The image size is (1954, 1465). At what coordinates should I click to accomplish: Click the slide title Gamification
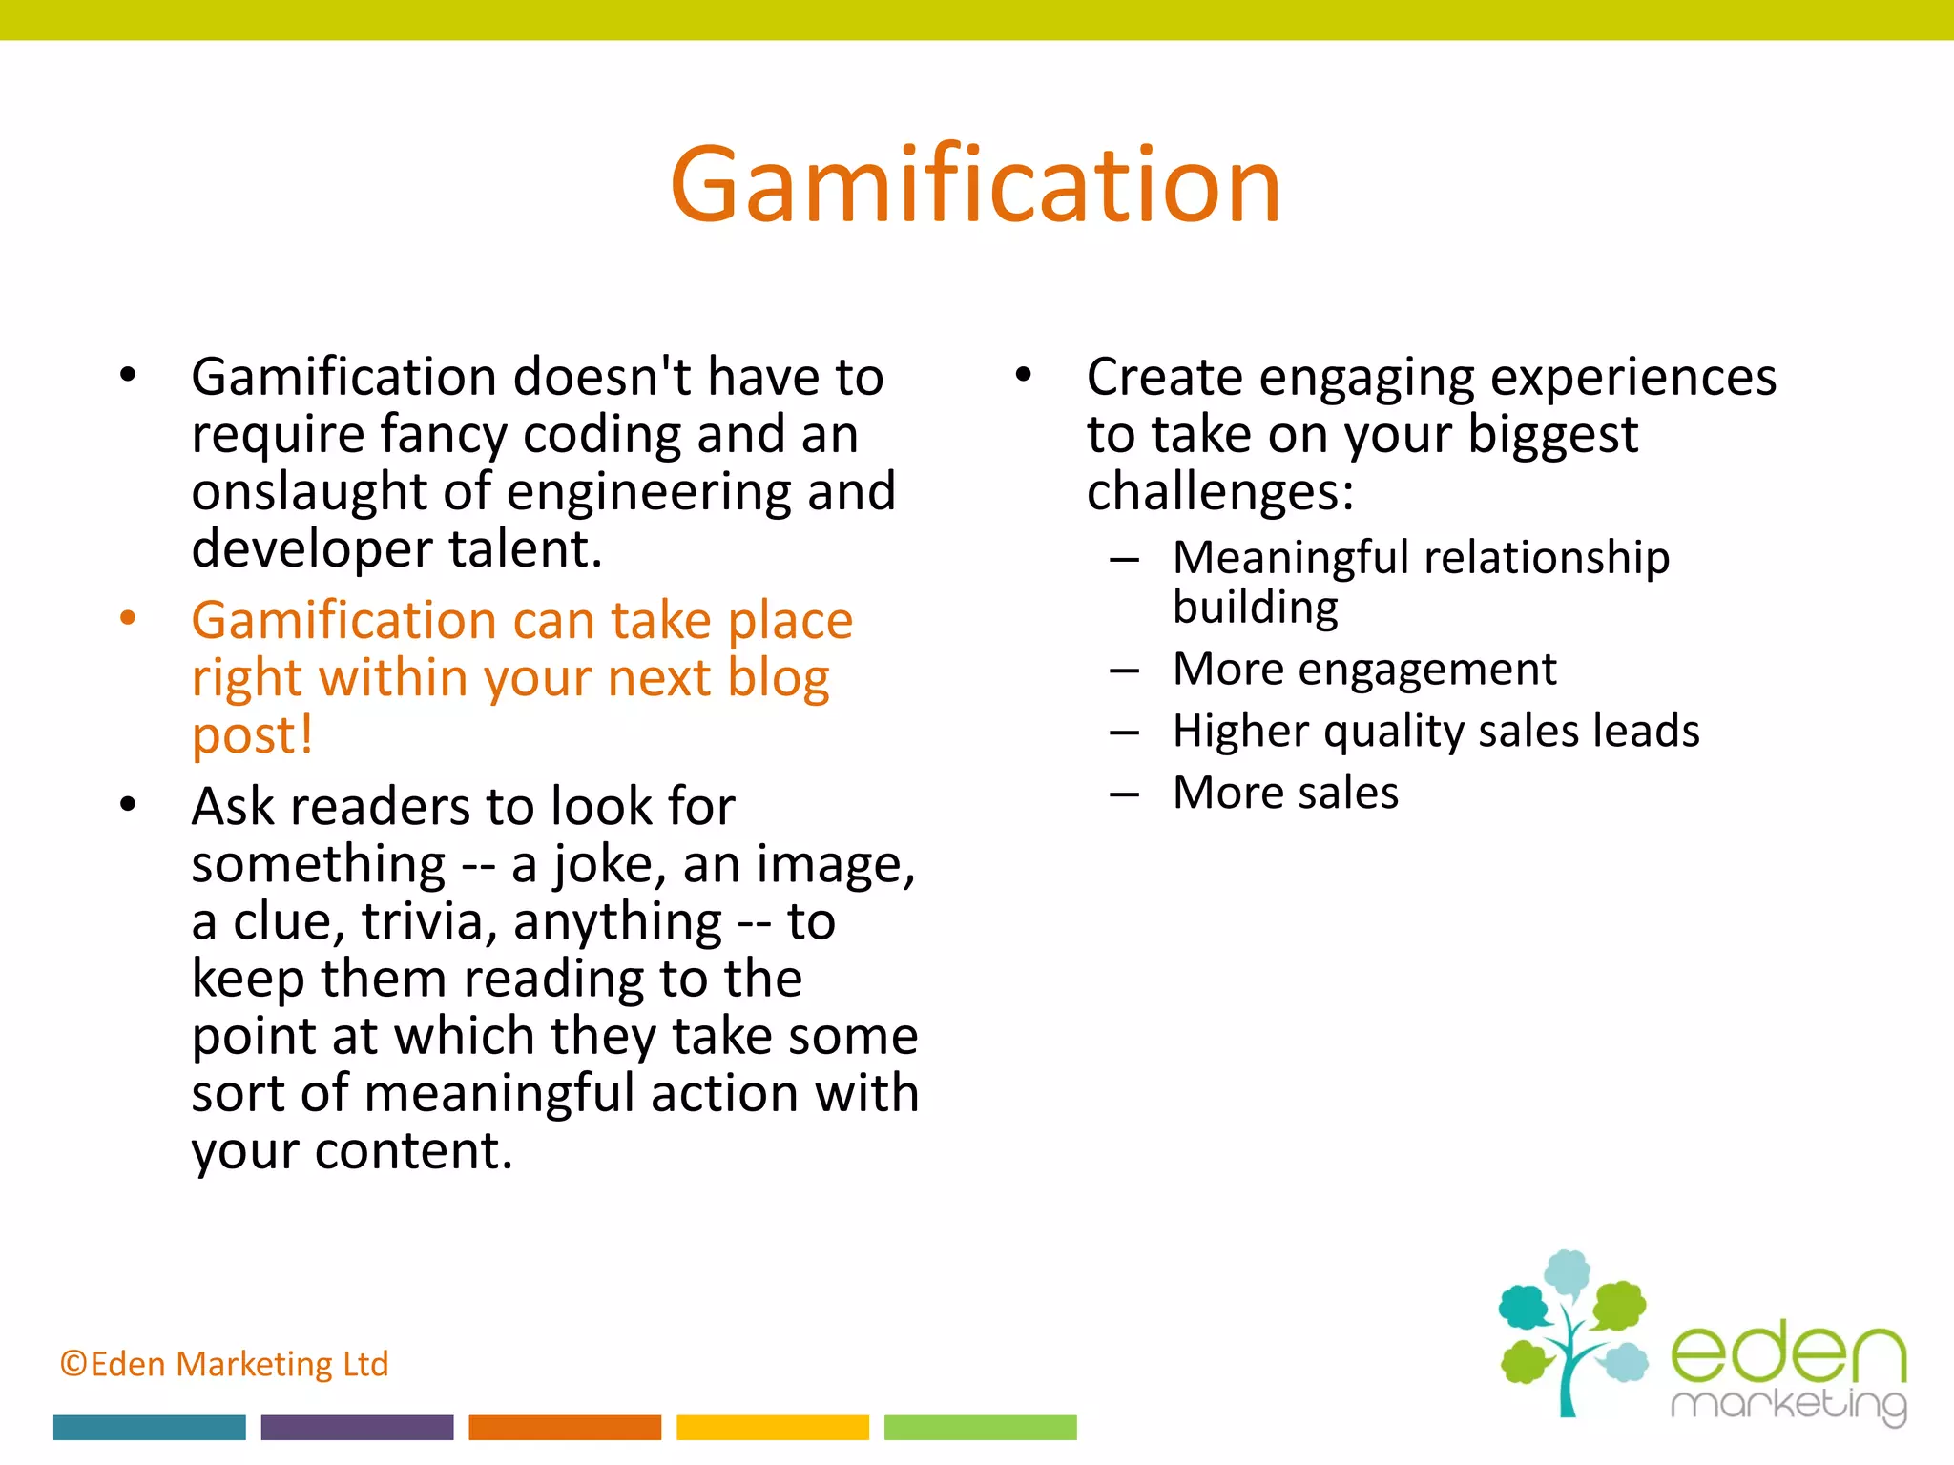click(975, 185)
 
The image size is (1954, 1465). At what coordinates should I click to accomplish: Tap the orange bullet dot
click(128, 618)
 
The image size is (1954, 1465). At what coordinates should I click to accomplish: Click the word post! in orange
click(252, 735)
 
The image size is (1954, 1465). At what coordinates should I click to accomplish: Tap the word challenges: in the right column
click(1219, 492)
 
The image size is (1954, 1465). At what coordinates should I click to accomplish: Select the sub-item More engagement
click(1363, 669)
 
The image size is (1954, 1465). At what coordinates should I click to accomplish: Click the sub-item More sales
click(1284, 793)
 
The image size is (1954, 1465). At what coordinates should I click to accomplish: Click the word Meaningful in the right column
click(1290, 557)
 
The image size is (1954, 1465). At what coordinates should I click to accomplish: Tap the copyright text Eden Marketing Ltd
click(224, 1364)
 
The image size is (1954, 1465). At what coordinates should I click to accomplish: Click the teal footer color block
click(149, 1427)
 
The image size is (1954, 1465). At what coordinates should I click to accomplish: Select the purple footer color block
click(357, 1427)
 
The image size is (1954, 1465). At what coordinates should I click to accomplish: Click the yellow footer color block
click(773, 1427)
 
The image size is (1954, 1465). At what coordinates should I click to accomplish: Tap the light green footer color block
click(980, 1427)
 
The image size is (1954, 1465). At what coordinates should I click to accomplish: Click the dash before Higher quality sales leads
click(1124, 732)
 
